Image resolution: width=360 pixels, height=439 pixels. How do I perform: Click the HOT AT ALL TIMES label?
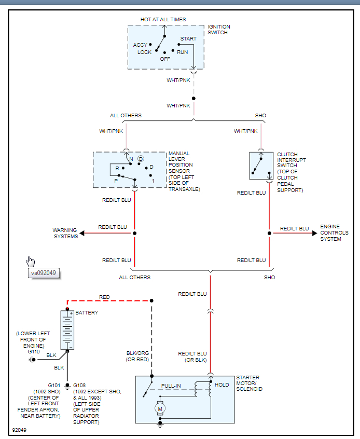pos(163,20)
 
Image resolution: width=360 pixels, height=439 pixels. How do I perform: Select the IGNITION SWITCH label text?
pos(219,30)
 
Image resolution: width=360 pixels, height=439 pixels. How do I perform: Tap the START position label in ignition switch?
pos(188,39)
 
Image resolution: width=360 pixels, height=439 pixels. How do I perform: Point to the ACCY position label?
pos(140,45)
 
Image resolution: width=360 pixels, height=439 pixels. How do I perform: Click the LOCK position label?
pos(145,52)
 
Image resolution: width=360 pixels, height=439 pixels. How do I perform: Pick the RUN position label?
pos(182,52)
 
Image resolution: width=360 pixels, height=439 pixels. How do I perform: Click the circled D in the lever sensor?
pos(140,158)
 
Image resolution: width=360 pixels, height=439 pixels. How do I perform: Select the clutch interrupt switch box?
pos(261,166)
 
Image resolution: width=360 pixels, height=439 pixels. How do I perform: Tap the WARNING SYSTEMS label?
pos(65,233)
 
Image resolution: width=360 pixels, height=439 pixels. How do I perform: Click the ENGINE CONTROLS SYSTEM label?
pos(334,233)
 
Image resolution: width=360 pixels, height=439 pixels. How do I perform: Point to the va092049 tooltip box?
pos(43,272)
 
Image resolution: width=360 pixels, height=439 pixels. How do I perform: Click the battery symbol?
pos(67,330)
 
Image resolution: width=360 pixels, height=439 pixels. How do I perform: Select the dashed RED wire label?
pos(104,297)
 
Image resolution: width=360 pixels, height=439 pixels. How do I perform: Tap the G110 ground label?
pos(34,351)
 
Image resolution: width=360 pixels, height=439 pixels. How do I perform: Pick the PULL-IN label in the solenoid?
pos(171,386)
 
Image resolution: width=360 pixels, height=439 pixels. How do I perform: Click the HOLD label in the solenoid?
pos(221,385)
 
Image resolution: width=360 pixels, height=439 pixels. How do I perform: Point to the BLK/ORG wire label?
pos(137,353)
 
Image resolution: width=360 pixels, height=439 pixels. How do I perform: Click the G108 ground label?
pos(81,386)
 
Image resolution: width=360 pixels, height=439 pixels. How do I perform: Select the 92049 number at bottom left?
pos(20,431)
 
